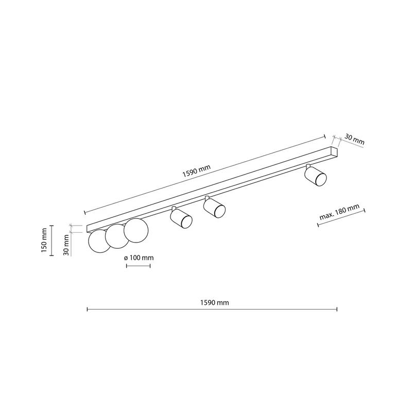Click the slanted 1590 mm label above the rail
pyautogui.click(x=197, y=171)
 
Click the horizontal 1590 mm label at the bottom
pyautogui.click(x=214, y=303)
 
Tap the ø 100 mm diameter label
pyautogui.click(x=139, y=258)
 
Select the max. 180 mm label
pyautogui.click(x=339, y=212)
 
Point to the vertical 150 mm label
pyautogui.click(x=44, y=241)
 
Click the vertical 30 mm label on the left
pyautogui.click(x=66, y=245)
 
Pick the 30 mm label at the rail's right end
pyautogui.click(x=354, y=140)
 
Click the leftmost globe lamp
pyautogui.click(x=100, y=241)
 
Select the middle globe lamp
pyautogui.click(x=117, y=236)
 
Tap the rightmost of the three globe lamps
pyautogui.click(x=136, y=230)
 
